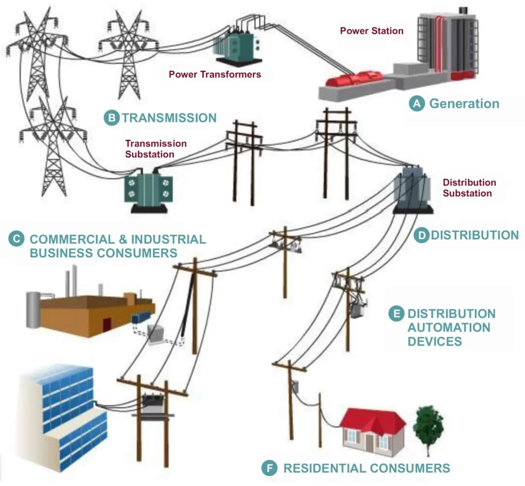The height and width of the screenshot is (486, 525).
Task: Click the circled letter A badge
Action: tap(416, 104)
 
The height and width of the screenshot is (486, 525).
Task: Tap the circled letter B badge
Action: tap(111, 118)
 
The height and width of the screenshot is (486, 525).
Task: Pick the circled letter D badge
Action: tap(421, 235)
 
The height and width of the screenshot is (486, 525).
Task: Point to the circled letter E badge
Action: tap(396, 313)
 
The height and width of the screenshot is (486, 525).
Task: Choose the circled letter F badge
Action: tap(270, 468)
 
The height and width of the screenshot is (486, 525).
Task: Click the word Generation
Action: tap(464, 104)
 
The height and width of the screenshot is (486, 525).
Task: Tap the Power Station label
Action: tap(372, 31)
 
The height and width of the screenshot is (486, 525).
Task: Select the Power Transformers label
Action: tap(215, 74)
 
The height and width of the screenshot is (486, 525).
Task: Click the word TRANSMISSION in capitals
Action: tap(169, 118)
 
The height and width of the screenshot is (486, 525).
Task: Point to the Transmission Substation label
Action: tap(156, 149)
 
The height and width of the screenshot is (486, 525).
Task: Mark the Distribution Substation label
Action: tap(469, 188)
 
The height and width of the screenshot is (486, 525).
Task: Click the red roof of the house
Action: tap(372, 419)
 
